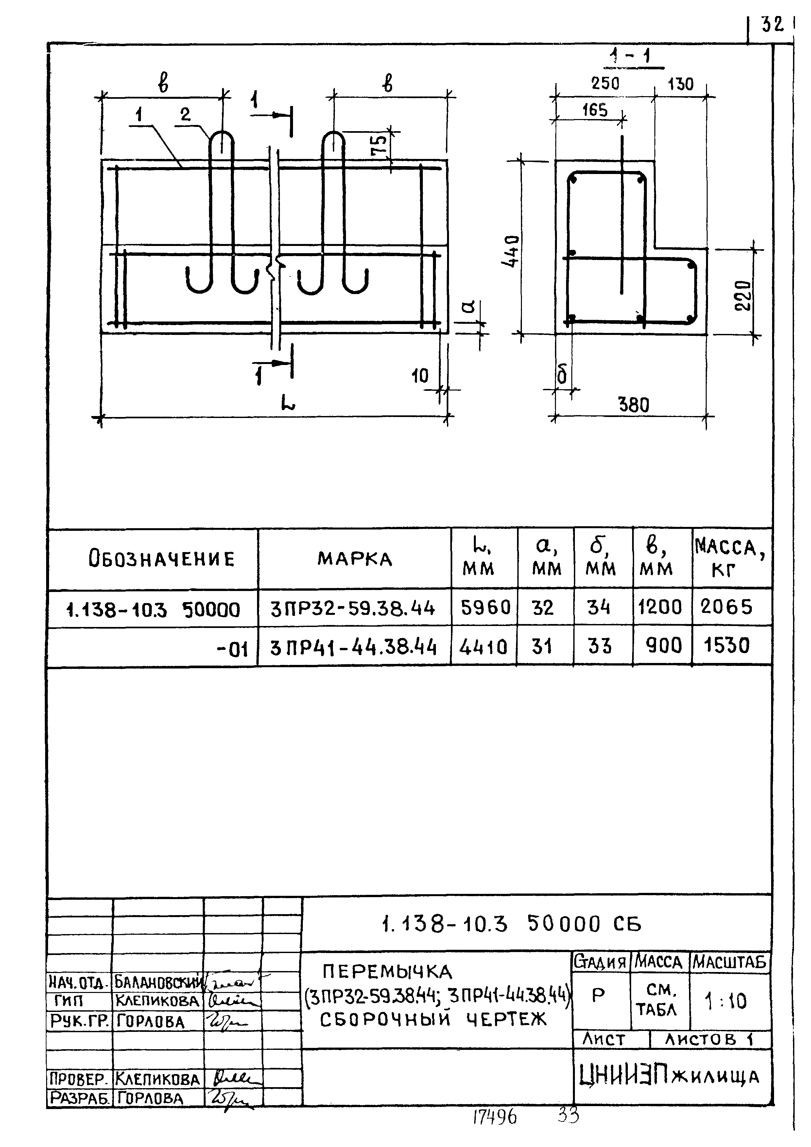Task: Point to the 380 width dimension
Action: [x=634, y=405]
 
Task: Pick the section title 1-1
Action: [x=633, y=57]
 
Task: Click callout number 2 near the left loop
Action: [x=185, y=115]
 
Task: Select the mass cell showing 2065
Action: [x=726, y=607]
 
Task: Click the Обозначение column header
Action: [x=161, y=559]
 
